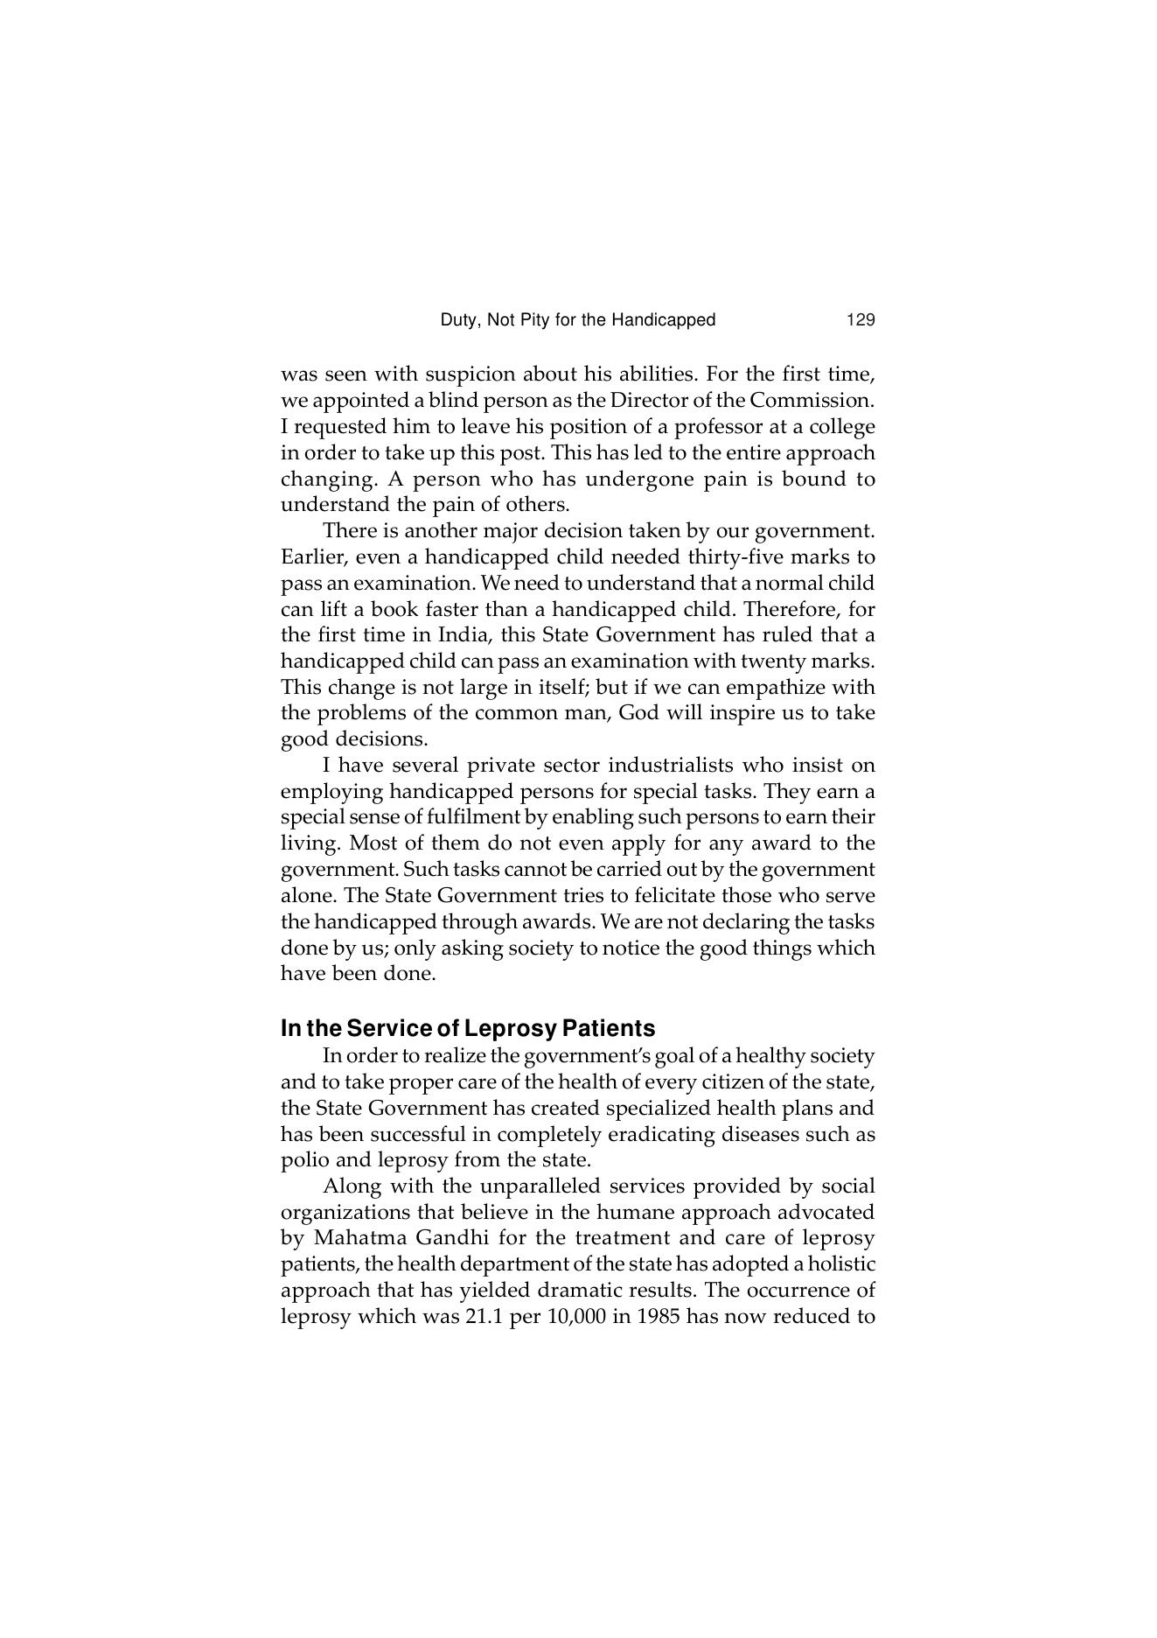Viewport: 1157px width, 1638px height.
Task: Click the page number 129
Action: (861, 320)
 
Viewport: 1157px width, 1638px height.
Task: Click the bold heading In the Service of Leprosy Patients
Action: (467, 1028)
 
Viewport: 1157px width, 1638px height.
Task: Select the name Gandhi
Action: (453, 1239)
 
